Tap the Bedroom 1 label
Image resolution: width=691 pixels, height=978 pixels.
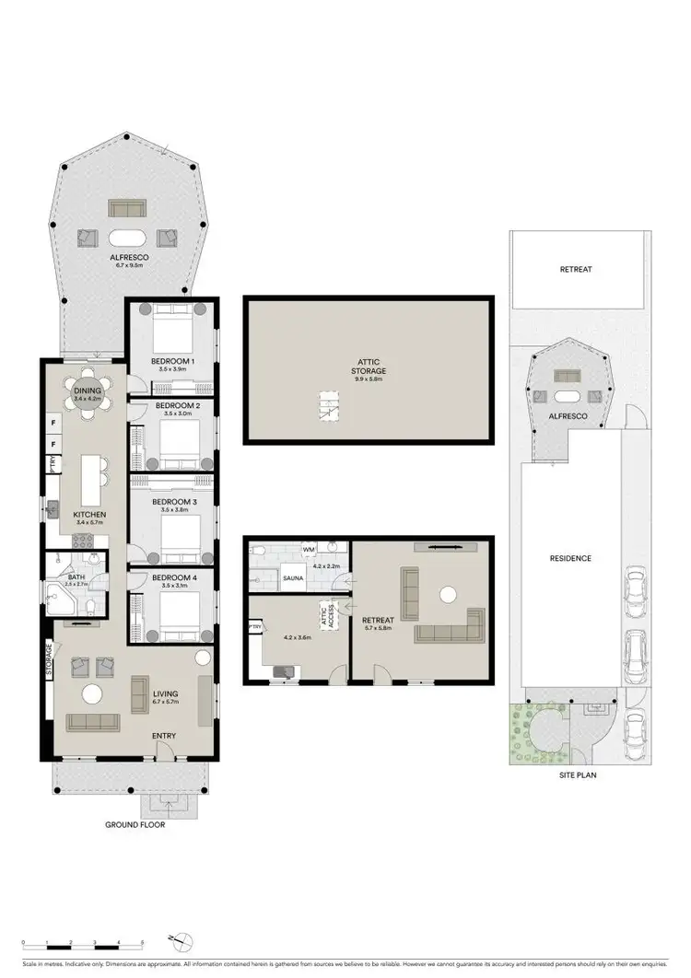coord(172,361)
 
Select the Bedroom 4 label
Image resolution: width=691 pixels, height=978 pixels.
coord(173,577)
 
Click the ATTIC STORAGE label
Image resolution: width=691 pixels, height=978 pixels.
coord(368,366)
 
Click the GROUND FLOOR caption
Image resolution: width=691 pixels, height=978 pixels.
coord(135,824)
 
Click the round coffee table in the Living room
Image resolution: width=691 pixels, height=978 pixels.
coord(92,693)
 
